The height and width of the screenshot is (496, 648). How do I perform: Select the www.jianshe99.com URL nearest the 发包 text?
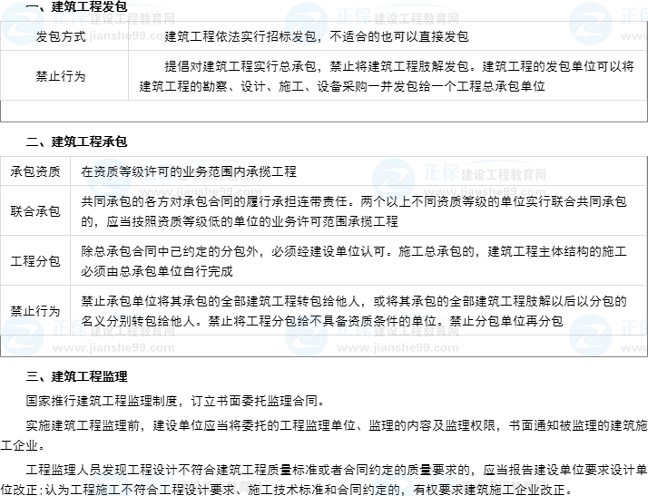point(397,36)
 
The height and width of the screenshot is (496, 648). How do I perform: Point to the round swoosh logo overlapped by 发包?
point(307,24)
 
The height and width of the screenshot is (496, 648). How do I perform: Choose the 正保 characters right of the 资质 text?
point(156,172)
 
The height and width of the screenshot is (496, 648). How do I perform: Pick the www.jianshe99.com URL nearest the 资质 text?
point(201,192)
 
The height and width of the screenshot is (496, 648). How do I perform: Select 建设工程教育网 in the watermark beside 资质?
point(219,174)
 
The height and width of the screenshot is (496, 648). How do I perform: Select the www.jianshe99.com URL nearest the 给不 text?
point(397,348)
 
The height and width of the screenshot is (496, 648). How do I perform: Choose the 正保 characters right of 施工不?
point(156,482)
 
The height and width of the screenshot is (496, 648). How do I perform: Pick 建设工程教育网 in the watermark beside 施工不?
point(219,484)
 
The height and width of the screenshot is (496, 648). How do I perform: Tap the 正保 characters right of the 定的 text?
point(441,482)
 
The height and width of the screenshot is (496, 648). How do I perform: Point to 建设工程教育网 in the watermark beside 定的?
point(503,484)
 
